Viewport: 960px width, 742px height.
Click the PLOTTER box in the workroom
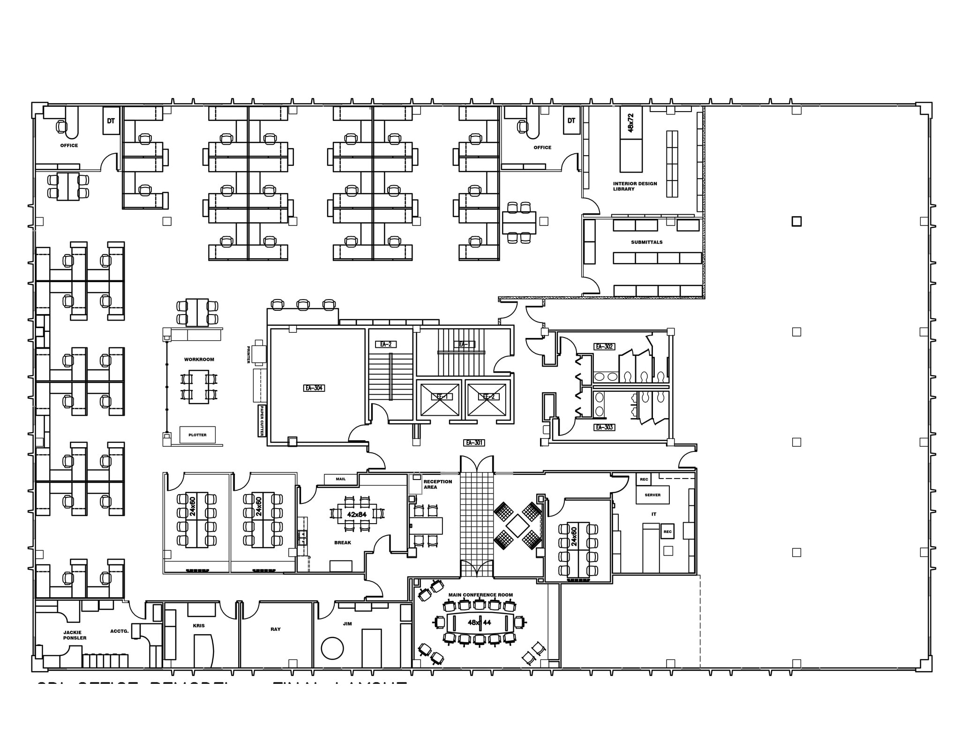point(197,435)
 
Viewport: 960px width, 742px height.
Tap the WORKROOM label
point(199,360)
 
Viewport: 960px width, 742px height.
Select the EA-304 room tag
point(314,388)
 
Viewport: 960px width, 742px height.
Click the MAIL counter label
point(341,479)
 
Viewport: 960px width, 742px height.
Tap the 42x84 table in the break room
point(357,514)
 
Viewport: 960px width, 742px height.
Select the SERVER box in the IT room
point(652,495)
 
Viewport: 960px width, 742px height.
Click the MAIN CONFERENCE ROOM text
point(480,595)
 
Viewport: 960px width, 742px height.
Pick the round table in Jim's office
point(332,649)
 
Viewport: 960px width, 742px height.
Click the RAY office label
point(276,629)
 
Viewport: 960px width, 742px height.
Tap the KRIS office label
point(199,626)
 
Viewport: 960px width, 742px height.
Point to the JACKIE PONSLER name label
point(75,635)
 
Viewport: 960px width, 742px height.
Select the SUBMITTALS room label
point(646,242)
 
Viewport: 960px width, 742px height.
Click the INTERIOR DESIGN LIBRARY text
point(635,186)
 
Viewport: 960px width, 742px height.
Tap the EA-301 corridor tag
point(474,442)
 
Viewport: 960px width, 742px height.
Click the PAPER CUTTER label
point(261,420)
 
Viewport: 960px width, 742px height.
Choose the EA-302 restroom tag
point(604,346)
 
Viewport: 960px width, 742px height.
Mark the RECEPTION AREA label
point(437,484)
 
